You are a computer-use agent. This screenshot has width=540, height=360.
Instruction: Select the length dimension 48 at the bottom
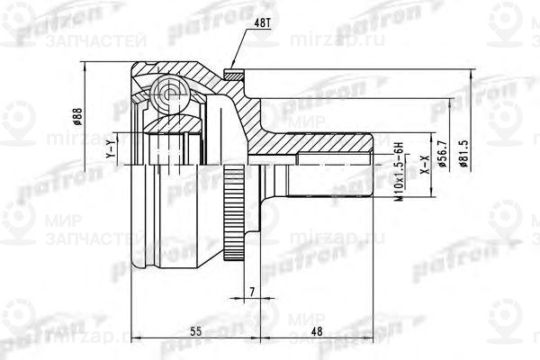click(316, 331)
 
